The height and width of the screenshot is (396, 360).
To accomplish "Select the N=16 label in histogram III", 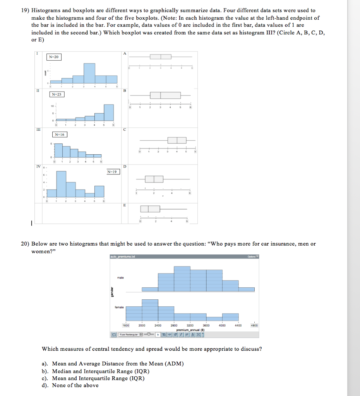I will tap(59, 135).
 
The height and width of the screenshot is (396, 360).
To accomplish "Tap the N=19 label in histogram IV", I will tap(113, 171).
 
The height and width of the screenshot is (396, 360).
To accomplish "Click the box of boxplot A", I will tap(160, 57).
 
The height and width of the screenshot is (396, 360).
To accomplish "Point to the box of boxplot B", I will tap(165, 95).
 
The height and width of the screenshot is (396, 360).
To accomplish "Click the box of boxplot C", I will tap(177, 140).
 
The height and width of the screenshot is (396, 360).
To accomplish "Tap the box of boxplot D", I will tap(154, 179).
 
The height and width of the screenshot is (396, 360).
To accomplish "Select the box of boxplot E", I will tap(150, 209).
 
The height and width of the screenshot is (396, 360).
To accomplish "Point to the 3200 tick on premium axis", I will tap(190, 326).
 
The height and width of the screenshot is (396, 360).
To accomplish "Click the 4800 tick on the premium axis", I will tap(254, 326).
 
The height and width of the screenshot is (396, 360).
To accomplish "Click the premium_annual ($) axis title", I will tap(190, 330).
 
